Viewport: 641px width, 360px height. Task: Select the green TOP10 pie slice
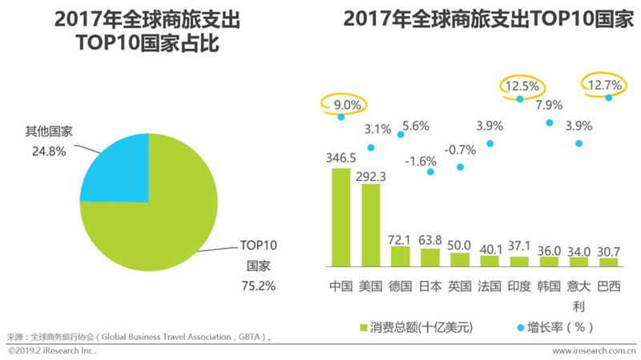coord(163,221)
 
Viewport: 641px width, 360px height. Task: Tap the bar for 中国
coord(341,217)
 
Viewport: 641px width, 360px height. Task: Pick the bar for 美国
coord(371,225)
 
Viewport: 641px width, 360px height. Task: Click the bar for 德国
coord(400,257)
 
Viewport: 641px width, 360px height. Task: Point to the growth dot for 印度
coord(519,99)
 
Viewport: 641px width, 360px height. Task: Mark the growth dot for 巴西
coord(609,97)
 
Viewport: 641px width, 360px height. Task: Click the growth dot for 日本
coord(430,172)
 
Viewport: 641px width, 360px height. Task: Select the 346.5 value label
coord(341,158)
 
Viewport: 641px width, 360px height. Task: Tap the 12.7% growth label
coord(605,85)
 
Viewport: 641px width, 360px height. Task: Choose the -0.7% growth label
coord(460,150)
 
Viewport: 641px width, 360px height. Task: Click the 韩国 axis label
coord(549,286)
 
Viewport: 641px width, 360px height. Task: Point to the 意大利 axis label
coord(579,296)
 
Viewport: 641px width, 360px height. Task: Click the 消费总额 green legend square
coord(364,328)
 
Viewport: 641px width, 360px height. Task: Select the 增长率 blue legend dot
coord(520,328)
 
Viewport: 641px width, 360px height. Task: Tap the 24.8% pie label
coord(49,152)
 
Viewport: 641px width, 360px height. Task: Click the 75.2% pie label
coord(258,285)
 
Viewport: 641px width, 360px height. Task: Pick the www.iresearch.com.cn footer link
coord(594,350)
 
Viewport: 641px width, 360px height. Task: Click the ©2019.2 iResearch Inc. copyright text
coord(52,350)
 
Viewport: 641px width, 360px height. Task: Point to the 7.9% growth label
coord(549,105)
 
